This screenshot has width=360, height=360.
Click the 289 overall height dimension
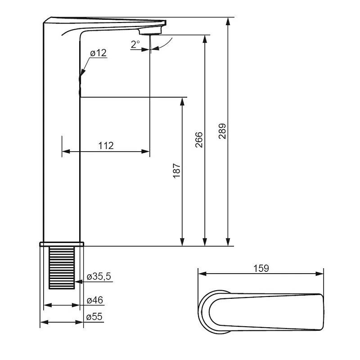pos(222,131)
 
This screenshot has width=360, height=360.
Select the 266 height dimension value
pos(199,139)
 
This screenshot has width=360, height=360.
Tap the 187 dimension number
pos(176,171)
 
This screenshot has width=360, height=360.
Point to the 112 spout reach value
pos(106,145)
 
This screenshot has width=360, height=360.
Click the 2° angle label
pos(135,44)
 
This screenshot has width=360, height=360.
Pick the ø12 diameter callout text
pos(99,53)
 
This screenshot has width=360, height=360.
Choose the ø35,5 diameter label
pos(99,276)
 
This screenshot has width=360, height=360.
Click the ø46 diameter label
pos(95,300)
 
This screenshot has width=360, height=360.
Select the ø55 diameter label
pos(94,317)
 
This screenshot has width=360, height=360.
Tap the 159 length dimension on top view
pos(261,268)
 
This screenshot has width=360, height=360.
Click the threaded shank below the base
pos(62,267)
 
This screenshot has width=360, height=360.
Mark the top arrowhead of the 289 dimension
pos(228,21)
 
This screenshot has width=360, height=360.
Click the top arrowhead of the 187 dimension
pos(182,102)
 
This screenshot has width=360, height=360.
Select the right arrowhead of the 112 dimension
pos(145,152)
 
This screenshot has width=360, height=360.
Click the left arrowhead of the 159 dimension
pos(202,274)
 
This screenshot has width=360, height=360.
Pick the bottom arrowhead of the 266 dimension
pos(205,242)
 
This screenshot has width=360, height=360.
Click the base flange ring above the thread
pos(62,244)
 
